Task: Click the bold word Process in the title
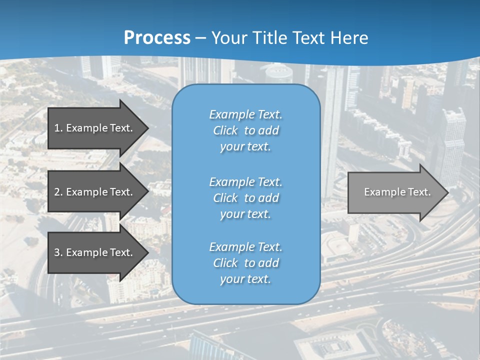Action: (x=157, y=38)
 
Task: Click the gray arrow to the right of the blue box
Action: (x=397, y=192)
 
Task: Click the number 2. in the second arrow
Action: (x=58, y=192)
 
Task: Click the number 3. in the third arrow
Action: (x=58, y=252)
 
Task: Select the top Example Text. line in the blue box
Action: (x=245, y=114)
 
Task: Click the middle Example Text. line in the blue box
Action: (x=245, y=182)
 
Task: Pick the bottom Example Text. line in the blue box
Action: (x=245, y=247)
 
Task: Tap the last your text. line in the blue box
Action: (x=245, y=279)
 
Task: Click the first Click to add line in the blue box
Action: (x=245, y=130)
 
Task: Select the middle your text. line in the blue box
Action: (x=245, y=214)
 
